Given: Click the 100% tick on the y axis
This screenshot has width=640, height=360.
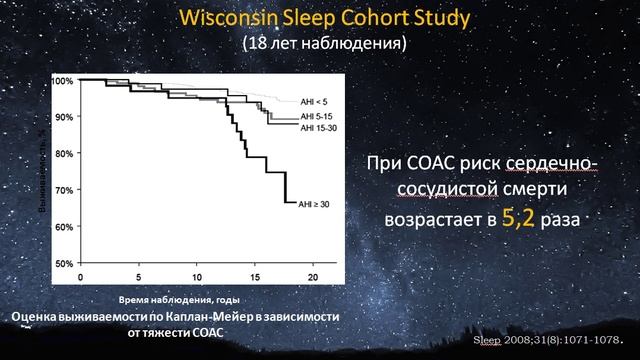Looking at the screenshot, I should point(62,80).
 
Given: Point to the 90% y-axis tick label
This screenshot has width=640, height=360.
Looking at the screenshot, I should point(64,117).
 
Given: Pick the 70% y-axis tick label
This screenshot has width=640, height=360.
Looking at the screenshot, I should point(64,190).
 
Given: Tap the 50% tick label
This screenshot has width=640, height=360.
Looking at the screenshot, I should point(64,263).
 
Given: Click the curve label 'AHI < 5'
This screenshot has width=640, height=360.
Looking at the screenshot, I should point(314,100).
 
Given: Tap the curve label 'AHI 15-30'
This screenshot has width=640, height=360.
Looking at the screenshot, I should point(319,128).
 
